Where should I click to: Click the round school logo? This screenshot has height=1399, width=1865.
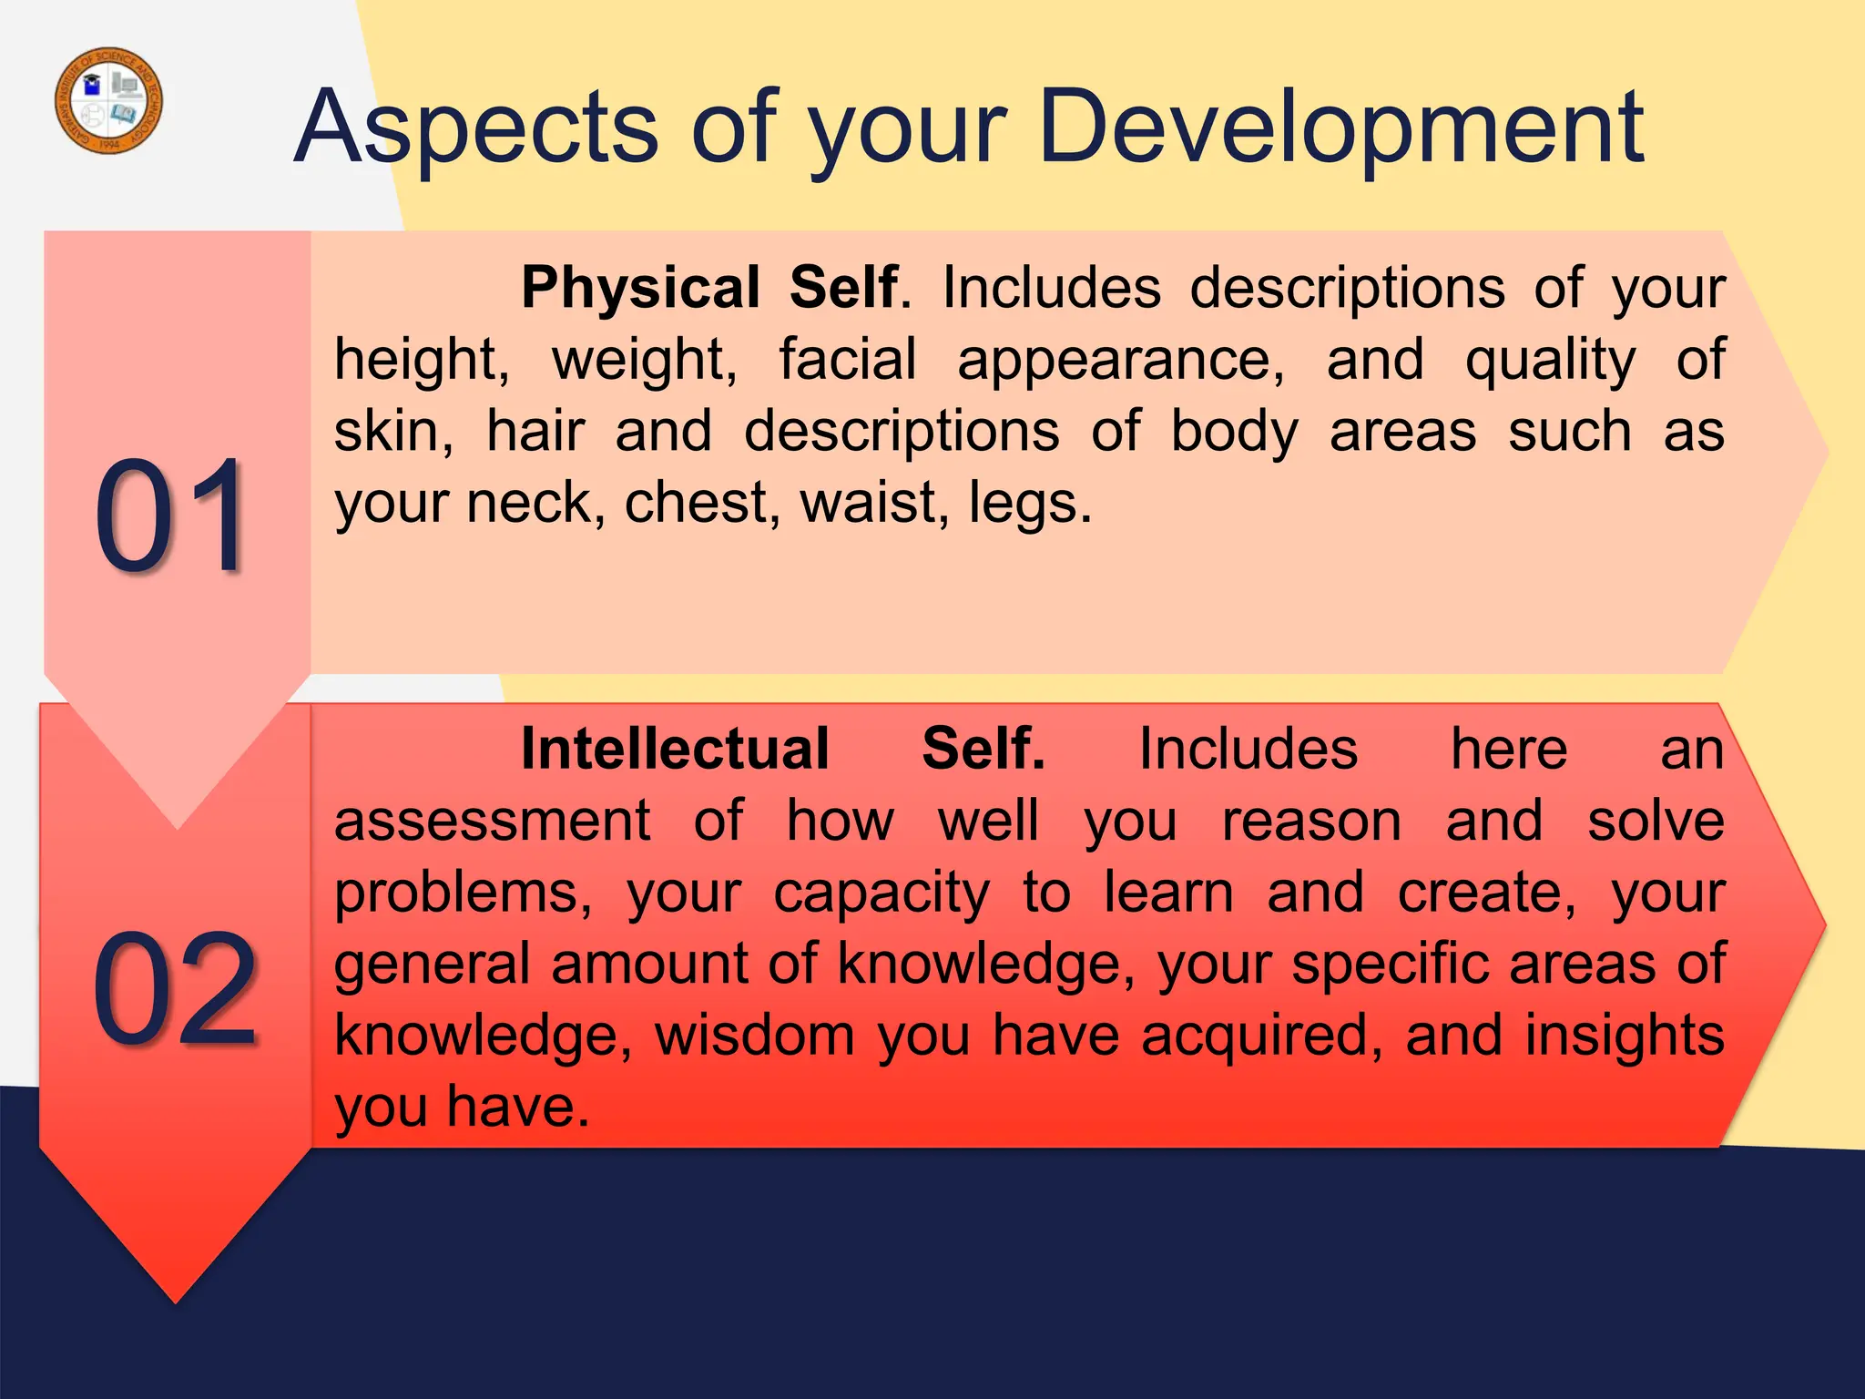click(x=109, y=100)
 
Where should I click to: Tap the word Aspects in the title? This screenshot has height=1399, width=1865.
click(x=475, y=129)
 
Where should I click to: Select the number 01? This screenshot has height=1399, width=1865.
click(x=170, y=517)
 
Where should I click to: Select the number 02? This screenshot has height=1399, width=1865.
click(x=175, y=989)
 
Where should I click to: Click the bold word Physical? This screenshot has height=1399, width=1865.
click(x=640, y=288)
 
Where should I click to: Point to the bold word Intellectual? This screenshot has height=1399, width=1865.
click(x=675, y=749)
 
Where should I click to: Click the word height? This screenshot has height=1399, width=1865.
click(x=422, y=361)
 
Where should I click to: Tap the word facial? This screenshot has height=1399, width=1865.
click(x=847, y=359)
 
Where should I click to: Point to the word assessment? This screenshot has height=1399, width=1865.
click(x=493, y=822)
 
